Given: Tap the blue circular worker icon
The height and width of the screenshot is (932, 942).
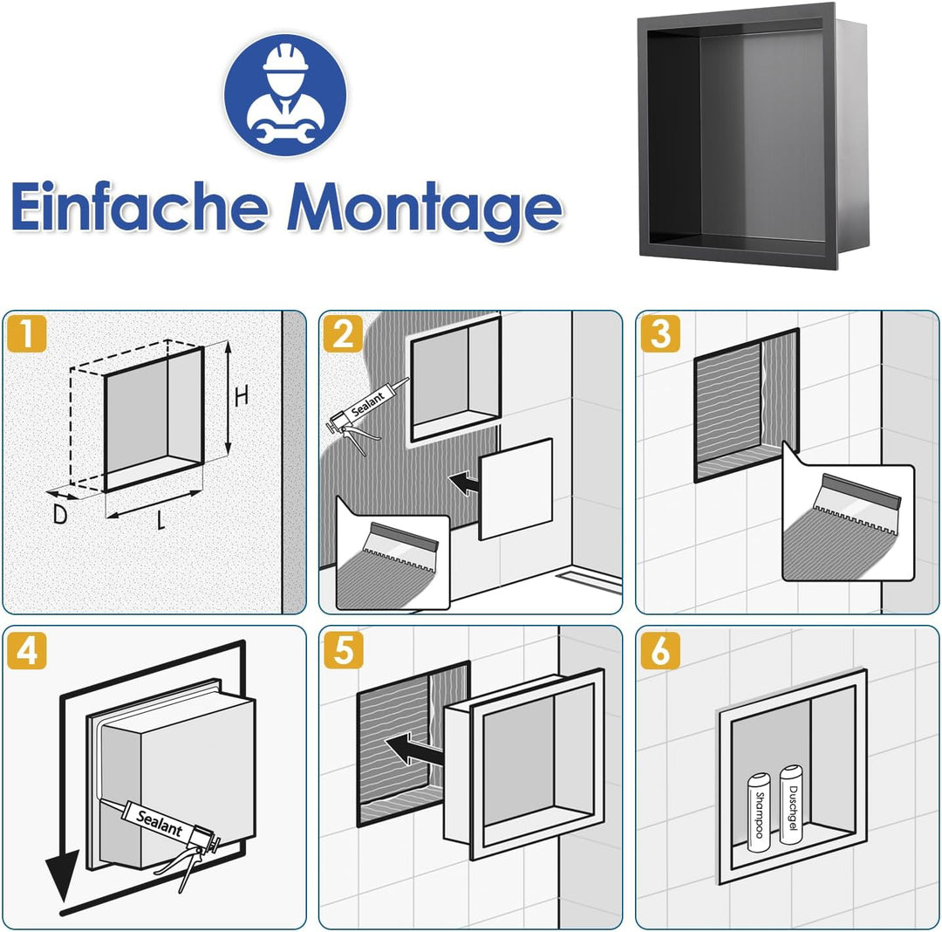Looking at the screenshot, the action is click(285, 94).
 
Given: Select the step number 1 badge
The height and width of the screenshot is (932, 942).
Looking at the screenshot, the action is click(26, 333).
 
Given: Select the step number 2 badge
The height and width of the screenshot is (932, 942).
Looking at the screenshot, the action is click(343, 333).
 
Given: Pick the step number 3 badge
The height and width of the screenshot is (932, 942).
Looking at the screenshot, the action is click(660, 333).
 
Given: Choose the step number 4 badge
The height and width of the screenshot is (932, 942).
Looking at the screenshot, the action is click(26, 650).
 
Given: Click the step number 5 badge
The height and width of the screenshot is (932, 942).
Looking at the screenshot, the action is click(343, 650).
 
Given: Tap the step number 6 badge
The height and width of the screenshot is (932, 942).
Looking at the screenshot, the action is click(660, 650).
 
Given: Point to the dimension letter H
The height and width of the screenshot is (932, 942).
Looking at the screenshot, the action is click(241, 396).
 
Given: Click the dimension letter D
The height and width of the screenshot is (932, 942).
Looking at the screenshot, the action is click(59, 514).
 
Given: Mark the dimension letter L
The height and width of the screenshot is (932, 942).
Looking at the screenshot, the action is click(160, 520).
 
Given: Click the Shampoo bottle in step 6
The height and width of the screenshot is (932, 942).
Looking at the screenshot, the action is click(759, 812).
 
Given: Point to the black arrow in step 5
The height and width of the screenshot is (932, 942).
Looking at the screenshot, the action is click(414, 750).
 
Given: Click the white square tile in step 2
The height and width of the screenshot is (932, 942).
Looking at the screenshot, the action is click(515, 490).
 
